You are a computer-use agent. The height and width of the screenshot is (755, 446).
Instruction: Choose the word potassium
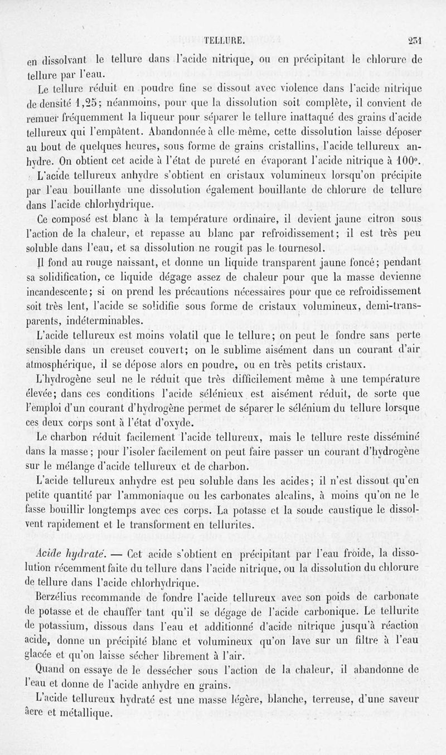(x=57, y=629)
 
